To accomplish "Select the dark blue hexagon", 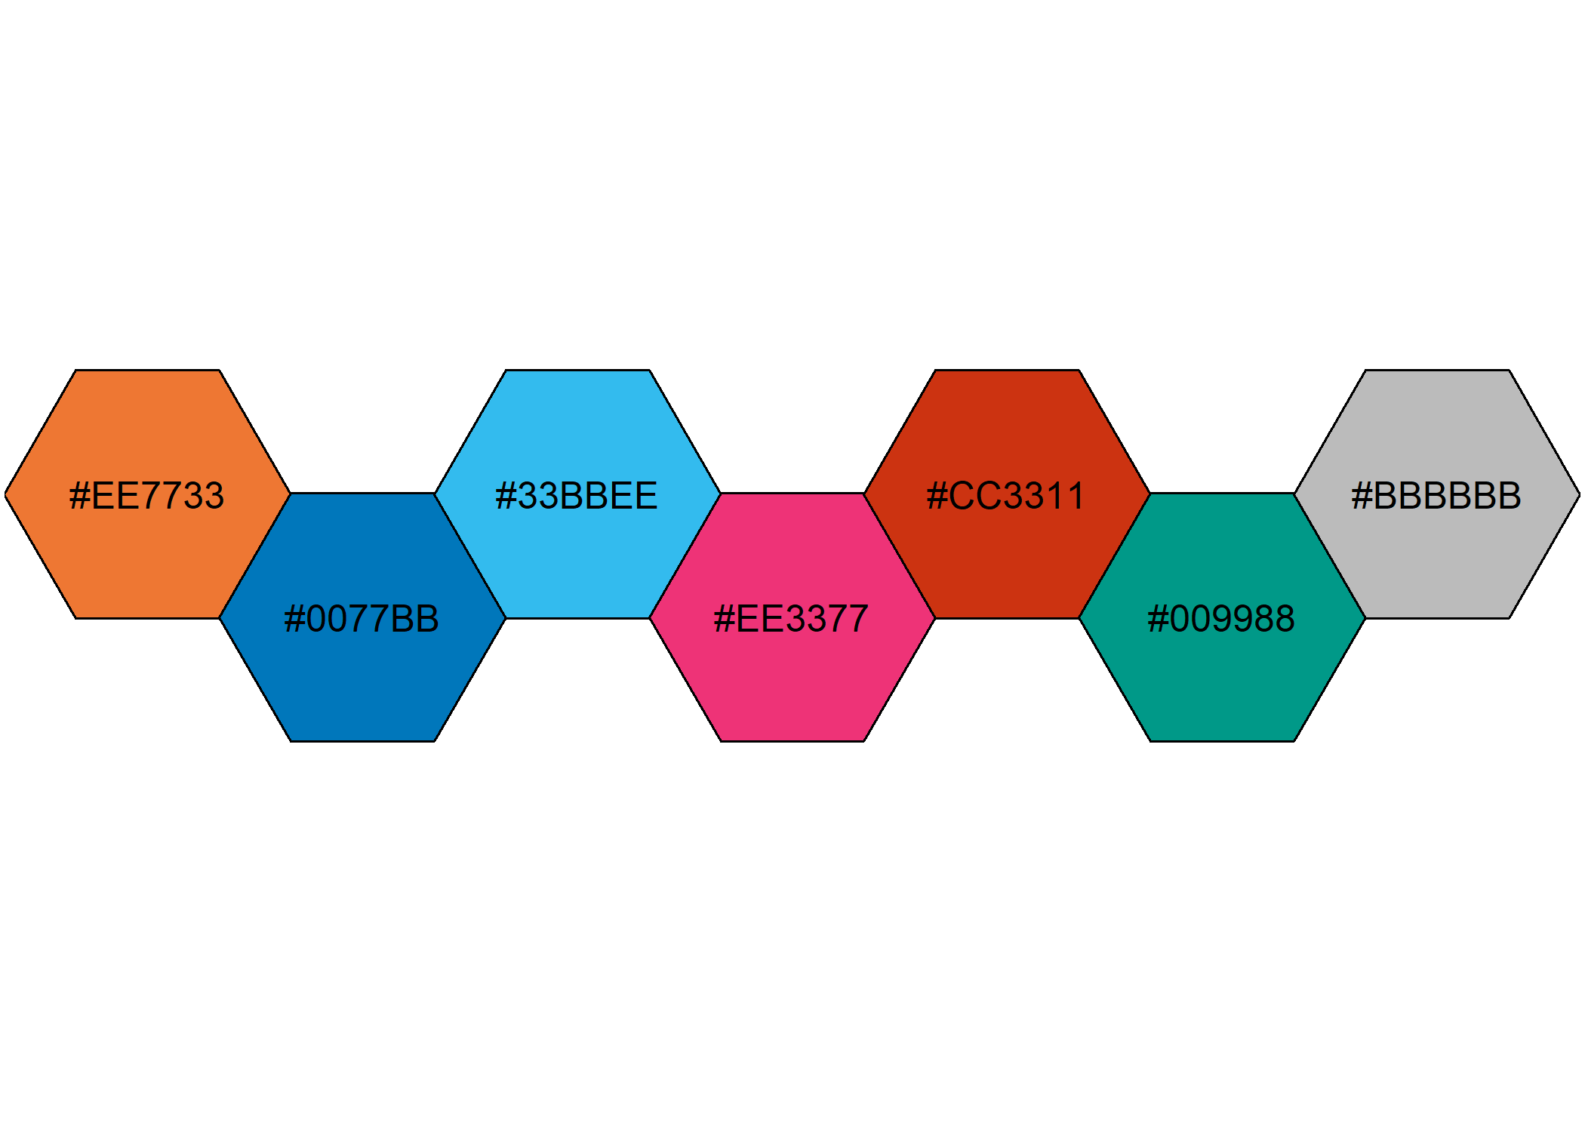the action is [362, 679].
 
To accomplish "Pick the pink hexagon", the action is [792, 679].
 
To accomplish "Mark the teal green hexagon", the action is [1223, 679].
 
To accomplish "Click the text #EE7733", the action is [147, 496].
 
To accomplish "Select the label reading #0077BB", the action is [362, 619].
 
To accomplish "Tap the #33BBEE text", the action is [577, 496].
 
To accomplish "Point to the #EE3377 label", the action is [792, 619].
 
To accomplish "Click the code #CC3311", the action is [1006, 496].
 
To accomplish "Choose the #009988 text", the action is [1222, 619].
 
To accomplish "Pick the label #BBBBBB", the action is [1437, 496].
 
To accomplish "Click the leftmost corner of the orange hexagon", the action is [6, 495].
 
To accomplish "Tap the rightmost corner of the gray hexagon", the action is [1579, 495].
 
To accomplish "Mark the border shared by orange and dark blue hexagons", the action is [255, 555].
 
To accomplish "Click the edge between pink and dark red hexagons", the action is [900, 555].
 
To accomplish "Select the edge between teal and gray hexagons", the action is [1330, 555].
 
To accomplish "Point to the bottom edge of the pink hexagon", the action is [792, 741].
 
